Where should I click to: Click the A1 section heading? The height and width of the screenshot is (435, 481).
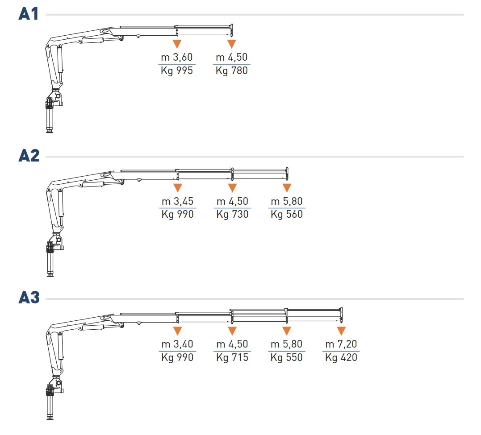tap(29, 14)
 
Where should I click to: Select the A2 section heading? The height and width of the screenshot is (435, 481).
tap(29, 155)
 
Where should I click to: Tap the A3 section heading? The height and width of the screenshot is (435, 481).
tap(29, 297)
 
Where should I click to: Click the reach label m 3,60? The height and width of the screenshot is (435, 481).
tap(177, 57)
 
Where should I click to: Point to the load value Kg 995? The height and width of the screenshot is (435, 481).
tap(177, 70)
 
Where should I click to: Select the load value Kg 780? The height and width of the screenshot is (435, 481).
tap(232, 70)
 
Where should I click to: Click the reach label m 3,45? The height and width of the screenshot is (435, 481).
tap(178, 201)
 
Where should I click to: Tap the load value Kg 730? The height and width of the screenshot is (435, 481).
tap(232, 214)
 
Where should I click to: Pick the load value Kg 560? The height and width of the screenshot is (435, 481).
tap(287, 214)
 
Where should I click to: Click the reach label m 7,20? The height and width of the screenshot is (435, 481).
tap(341, 344)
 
